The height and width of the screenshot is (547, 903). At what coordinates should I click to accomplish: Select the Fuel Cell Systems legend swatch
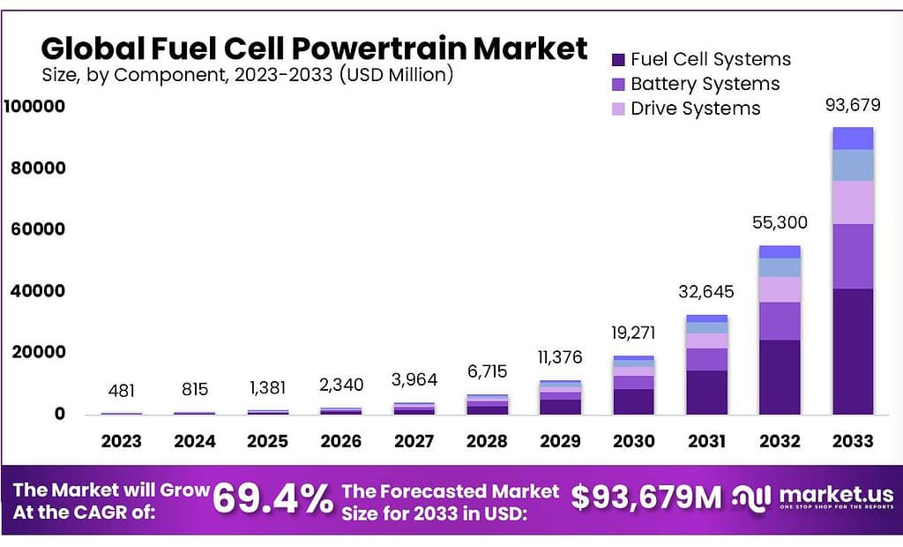click(x=618, y=60)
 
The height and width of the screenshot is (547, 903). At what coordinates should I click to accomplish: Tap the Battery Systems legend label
click(x=705, y=85)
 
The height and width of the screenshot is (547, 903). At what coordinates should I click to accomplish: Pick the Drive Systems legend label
click(x=695, y=109)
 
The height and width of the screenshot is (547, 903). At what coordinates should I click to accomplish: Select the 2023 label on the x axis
click(x=122, y=441)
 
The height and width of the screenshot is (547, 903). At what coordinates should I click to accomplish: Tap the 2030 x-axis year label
click(x=634, y=441)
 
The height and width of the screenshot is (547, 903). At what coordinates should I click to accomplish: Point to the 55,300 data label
click(x=780, y=223)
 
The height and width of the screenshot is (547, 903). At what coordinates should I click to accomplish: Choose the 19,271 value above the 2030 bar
click(x=634, y=333)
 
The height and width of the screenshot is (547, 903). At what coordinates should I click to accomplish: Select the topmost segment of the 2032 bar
click(x=780, y=251)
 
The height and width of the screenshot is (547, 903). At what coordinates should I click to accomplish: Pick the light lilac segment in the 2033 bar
click(x=853, y=203)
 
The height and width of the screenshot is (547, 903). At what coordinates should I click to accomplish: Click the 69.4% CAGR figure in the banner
click(x=272, y=500)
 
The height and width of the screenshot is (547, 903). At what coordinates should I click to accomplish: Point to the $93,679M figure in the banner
click(x=646, y=498)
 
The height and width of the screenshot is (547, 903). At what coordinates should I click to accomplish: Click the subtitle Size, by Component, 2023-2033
click(x=248, y=76)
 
